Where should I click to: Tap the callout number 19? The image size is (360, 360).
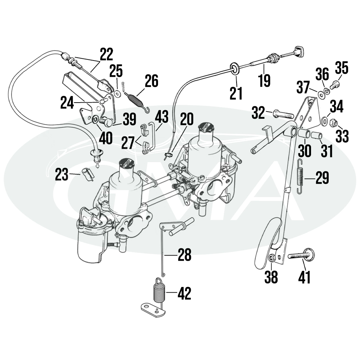point(264,80)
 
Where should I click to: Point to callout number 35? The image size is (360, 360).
point(342,68)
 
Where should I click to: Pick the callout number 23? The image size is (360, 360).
point(62,175)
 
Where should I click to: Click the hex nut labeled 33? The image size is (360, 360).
point(333,123)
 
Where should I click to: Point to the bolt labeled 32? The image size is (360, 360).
point(283,114)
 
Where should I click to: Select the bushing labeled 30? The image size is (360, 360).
point(304,134)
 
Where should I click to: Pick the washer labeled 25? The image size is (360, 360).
point(118,94)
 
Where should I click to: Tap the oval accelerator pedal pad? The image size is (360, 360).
point(267,243)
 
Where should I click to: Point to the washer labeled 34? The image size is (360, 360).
point(325,120)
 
